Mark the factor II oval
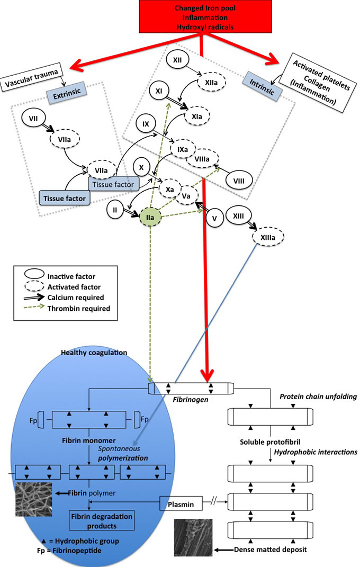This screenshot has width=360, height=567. point(115,210)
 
